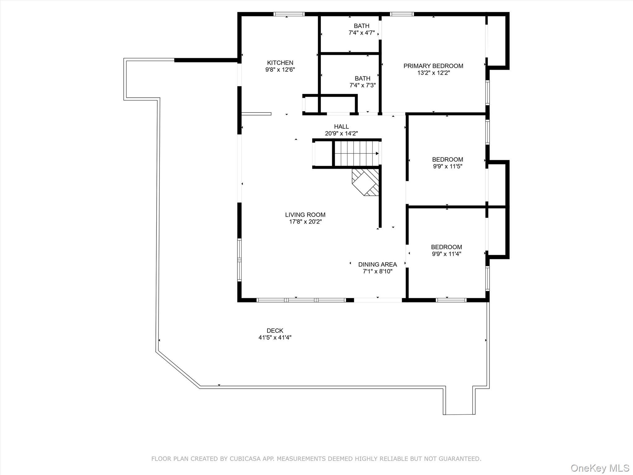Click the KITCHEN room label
(x=280, y=63)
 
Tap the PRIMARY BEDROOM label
(x=433, y=66)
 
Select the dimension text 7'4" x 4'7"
(x=362, y=33)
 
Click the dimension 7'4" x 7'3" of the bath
(x=362, y=85)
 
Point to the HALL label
(x=341, y=126)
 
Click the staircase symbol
(x=356, y=153)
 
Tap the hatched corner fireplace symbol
(x=366, y=182)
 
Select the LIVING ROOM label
(x=305, y=215)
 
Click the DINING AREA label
(x=377, y=264)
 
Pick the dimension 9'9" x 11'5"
(x=447, y=166)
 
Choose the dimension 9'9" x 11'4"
(x=446, y=254)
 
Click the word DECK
(x=275, y=331)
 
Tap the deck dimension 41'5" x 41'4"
(x=275, y=338)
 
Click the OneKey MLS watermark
(x=600, y=468)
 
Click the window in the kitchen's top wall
(x=289, y=14)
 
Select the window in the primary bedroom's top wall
(x=401, y=14)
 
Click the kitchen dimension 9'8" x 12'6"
(x=280, y=70)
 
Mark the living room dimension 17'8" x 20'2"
(x=305, y=222)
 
